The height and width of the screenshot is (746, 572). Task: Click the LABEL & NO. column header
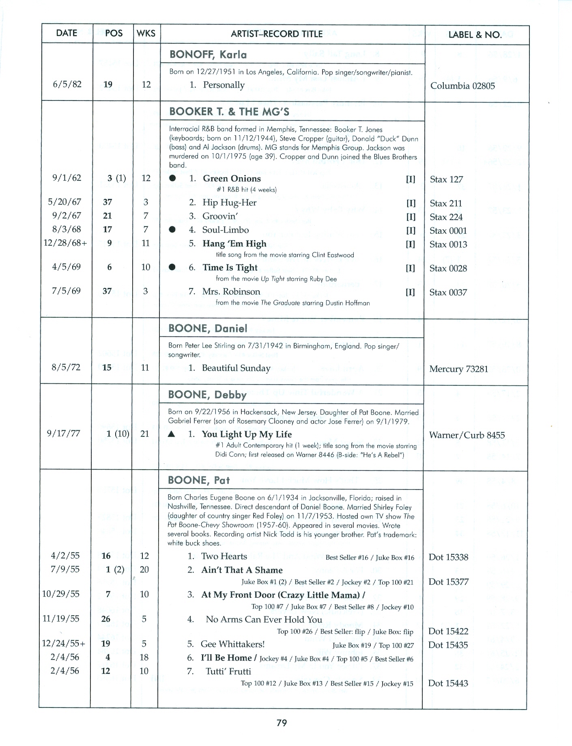click(x=475, y=34)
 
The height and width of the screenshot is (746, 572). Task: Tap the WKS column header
click(x=146, y=34)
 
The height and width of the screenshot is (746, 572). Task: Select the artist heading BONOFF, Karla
click(x=208, y=55)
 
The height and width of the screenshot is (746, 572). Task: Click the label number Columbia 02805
click(x=462, y=86)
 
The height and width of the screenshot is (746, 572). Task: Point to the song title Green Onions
click(x=232, y=179)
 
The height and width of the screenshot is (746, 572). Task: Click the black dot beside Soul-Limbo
click(x=172, y=230)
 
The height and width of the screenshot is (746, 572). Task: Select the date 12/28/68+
click(x=65, y=243)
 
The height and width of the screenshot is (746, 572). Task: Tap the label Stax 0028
click(x=448, y=268)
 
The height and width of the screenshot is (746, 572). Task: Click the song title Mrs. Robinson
click(x=231, y=292)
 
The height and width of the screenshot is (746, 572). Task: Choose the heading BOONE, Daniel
click(x=207, y=328)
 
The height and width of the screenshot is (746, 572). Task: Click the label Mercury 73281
click(x=458, y=369)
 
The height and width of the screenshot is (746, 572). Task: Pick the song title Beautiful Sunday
click(x=236, y=368)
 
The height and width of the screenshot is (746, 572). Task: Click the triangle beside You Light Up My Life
click(x=172, y=434)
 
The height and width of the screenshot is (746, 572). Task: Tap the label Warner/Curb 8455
click(x=467, y=436)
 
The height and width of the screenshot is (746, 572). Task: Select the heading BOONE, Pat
click(x=198, y=480)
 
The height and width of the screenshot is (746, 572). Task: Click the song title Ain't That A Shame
click(x=242, y=570)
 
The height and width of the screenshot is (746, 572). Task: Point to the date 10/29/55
click(x=61, y=594)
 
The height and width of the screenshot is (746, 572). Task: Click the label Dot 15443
click(x=448, y=683)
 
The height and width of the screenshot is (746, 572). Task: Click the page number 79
click(x=282, y=722)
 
